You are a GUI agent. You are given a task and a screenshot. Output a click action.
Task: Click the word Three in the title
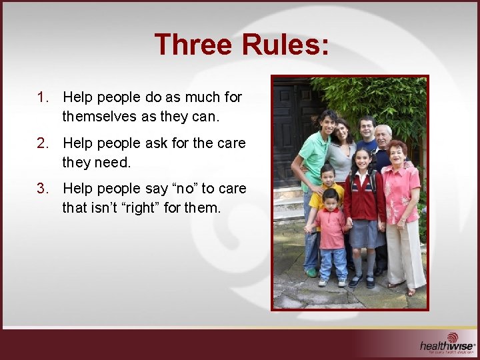pyautogui.click(x=193, y=45)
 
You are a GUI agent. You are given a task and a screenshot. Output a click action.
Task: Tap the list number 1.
pyautogui.click(x=43, y=97)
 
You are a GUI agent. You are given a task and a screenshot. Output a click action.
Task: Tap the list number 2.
pyautogui.click(x=43, y=143)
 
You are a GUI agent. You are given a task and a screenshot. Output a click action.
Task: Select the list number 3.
pyautogui.click(x=43, y=189)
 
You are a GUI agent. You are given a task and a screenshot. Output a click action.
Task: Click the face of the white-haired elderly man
pyautogui.click(x=383, y=136)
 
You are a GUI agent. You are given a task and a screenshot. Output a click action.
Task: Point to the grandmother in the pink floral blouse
pyautogui.click(x=402, y=200)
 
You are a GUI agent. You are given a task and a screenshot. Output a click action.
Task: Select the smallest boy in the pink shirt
pyautogui.click(x=331, y=233)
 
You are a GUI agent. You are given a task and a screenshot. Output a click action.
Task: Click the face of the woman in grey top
pyautogui.click(x=343, y=131)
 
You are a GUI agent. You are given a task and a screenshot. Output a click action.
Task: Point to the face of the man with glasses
pyautogui.click(x=367, y=127)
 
